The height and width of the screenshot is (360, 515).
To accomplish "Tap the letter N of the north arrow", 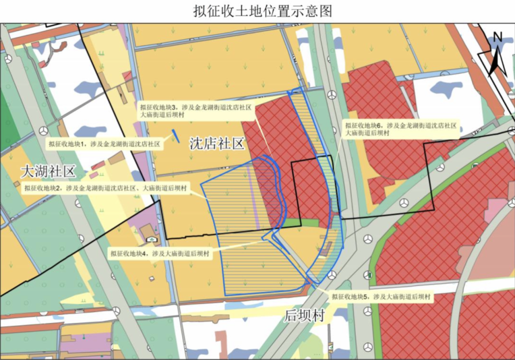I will (x=498, y=36).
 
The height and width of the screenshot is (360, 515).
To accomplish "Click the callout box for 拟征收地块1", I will (x=103, y=143).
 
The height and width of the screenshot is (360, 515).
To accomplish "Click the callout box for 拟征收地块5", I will (x=382, y=297).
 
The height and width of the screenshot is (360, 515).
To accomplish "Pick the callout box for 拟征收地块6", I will (x=401, y=129).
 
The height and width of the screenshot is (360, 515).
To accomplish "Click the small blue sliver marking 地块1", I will (x=176, y=137).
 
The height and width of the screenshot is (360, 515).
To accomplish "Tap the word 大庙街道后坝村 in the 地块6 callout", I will (x=368, y=134).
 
